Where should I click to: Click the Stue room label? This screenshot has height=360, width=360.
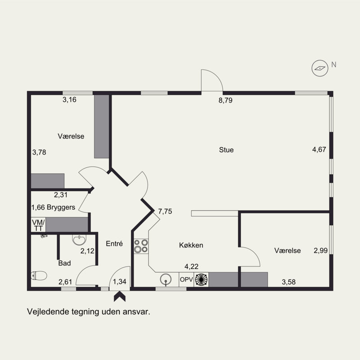tap(226, 150)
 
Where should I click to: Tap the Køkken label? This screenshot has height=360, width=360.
tap(191, 245)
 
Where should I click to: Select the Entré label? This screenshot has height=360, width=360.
tap(114, 243)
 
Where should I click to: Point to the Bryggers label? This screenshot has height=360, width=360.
tap(61, 207)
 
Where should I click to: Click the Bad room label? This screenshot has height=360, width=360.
tap(64, 263)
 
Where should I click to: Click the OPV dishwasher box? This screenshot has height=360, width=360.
tap(186, 279)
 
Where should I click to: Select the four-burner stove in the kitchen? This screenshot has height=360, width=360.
tap(141, 246)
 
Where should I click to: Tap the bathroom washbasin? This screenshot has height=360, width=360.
tap(79, 239)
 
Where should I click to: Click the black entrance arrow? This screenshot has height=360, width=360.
tap(120, 297)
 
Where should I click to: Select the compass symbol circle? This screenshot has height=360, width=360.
tap(320, 68)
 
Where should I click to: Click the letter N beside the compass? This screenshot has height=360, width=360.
tap(333, 65)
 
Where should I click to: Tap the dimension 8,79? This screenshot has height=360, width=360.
tap(225, 100)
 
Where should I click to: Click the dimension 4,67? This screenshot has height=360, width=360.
tap(319, 149)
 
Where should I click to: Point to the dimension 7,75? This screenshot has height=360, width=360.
tap(165, 211)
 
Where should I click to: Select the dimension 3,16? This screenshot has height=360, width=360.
tap(69, 99)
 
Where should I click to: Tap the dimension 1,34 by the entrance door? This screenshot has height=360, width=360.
tap(120, 282)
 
